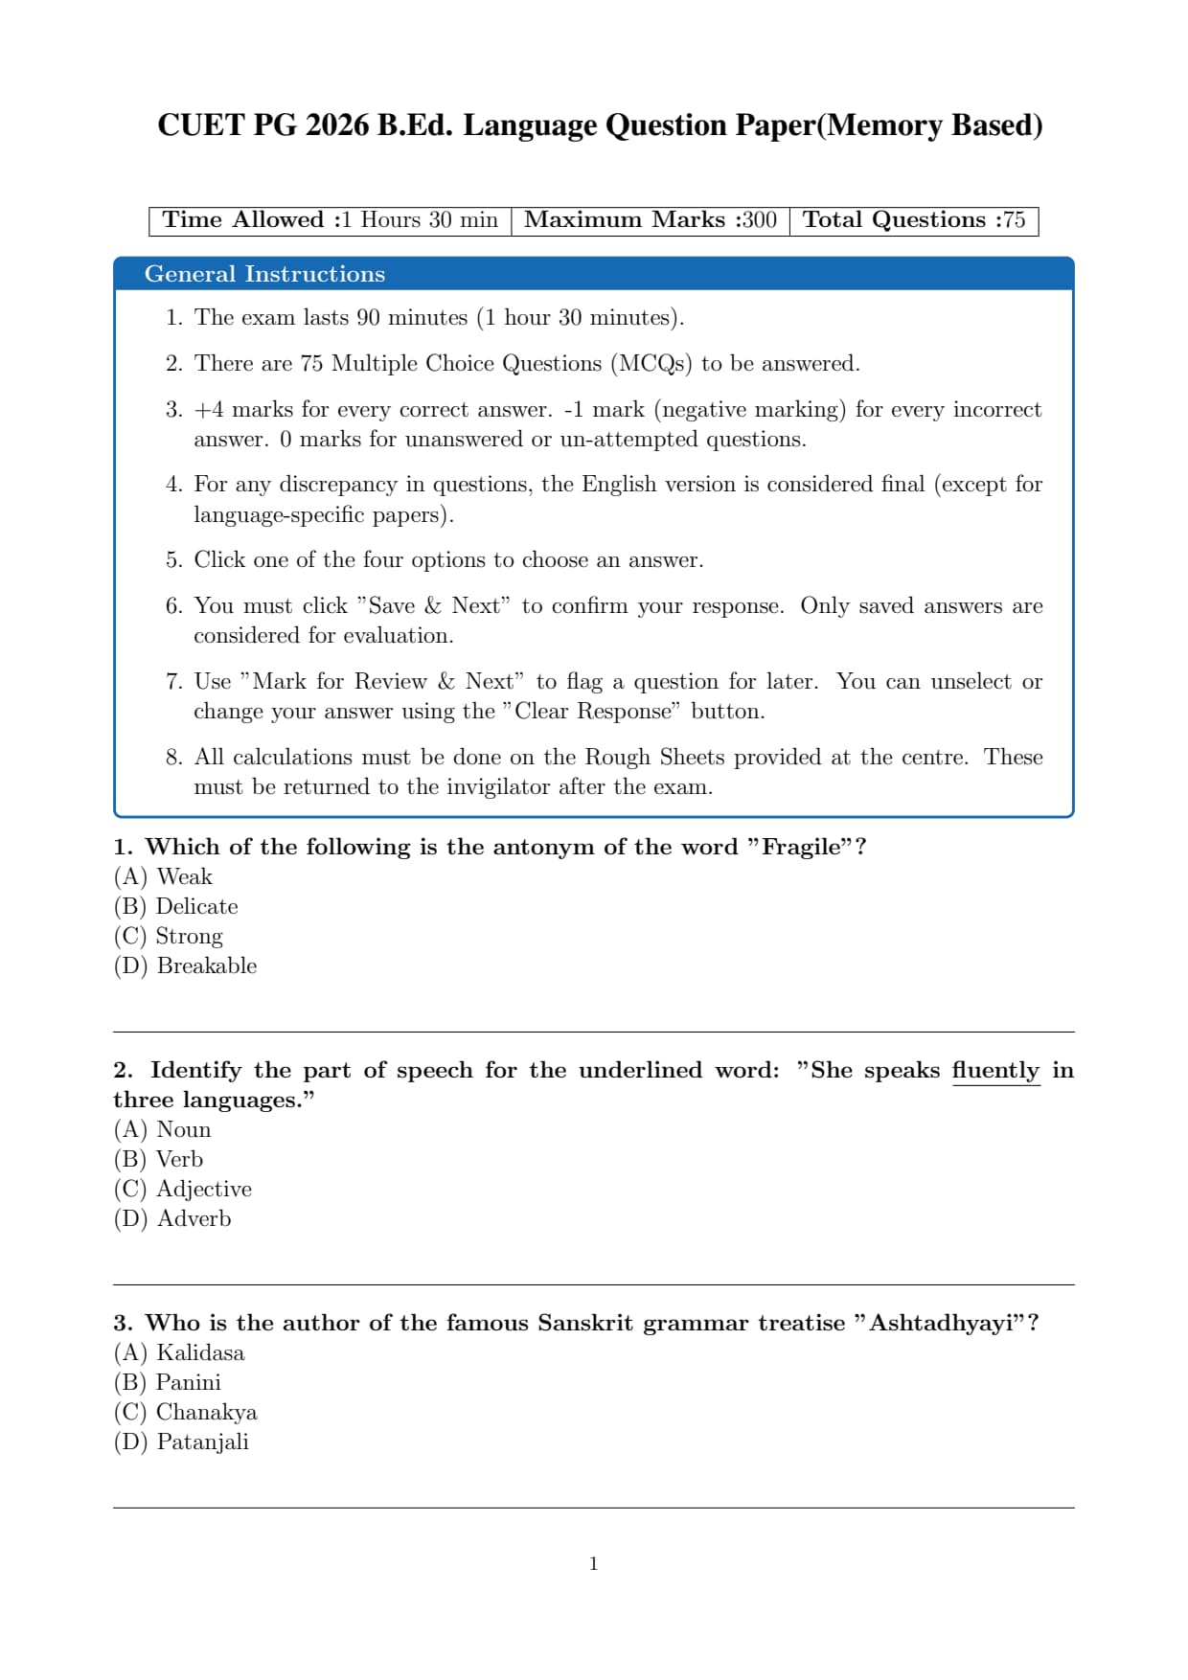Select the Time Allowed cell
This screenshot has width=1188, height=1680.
pyautogui.click(x=330, y=220)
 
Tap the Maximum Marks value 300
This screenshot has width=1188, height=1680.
pyautogui.click(x=759, y=220)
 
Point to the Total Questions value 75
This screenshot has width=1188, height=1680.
pyautogui.click(x=1014, y=220)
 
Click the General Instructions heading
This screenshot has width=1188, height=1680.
pyautogui.click(x=264, y=274)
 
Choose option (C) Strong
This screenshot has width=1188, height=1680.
pyautogui.click(x=169, y=936)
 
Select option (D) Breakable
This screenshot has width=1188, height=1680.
pyautogui.click(x=186, y=965)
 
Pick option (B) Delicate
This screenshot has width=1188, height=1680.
pyautogui.click(x=176, y=906)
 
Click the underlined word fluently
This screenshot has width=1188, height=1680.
pyautogui.click(x=995, y=1070)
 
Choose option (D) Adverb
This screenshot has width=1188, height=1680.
pyautogui.click(x=172, y=1218)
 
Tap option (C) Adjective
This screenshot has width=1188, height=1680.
pyautogui.click(x=183, y=1189)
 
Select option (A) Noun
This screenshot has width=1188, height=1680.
pyautogui.click(x=163, y=1129)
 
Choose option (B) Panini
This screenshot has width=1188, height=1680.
pyautogui.click(x=168, y=1382)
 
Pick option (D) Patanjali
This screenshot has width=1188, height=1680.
pyautogui.click(x=181, y=1442)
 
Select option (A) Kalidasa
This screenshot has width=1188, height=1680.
pyautogui.click(x=179, y=1352)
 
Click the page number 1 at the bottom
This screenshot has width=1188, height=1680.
pyautogui.click(x=594, y=1564)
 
